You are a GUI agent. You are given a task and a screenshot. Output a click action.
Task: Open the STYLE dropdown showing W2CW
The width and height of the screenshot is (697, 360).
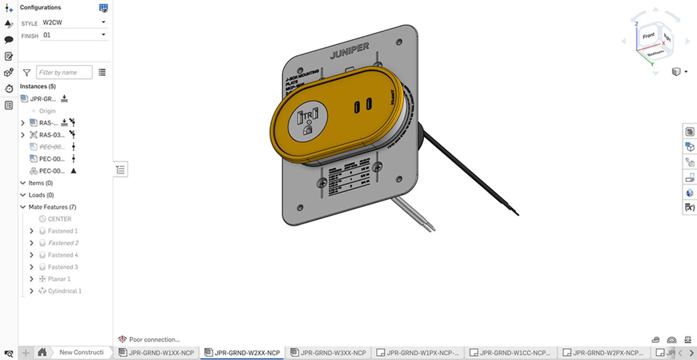coord(74,22)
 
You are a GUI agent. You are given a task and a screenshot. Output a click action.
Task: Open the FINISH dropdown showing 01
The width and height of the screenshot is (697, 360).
coord(74,35)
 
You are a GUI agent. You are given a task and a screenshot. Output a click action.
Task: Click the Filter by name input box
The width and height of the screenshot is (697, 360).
coord(64,72)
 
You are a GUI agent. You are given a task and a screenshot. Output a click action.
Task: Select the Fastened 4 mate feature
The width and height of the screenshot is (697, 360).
coord(63,255)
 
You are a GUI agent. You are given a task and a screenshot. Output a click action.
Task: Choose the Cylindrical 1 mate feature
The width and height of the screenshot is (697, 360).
coord(64,291)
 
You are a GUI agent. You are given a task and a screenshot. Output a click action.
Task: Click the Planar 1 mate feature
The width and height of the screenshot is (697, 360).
coord(59,279)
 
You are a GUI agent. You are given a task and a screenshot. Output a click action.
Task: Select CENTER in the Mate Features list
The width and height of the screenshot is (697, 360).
coord(59,219)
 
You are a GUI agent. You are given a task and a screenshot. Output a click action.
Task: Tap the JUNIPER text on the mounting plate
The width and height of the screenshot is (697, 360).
coord(349,50)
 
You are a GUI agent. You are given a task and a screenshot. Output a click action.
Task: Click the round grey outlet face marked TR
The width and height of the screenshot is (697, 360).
coord(308,121)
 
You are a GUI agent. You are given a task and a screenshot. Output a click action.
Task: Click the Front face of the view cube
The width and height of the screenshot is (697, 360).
coord(648,36)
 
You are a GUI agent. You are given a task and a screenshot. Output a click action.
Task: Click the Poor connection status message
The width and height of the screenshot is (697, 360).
coord(154,340)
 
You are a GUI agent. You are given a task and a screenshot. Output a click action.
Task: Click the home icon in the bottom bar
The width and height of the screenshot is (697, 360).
coord(42,352)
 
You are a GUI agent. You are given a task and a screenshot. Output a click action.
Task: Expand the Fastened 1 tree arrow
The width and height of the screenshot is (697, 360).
coord(31,231)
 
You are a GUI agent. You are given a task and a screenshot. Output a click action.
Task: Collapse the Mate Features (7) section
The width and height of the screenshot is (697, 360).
coord(23,207)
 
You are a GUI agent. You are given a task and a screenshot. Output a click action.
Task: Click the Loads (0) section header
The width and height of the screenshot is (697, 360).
coord(41,195)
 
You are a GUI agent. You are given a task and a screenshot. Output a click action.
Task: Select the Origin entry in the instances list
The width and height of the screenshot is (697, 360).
coord(47,111)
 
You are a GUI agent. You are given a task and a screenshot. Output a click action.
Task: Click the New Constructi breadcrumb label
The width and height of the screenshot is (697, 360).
coord(81,352)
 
